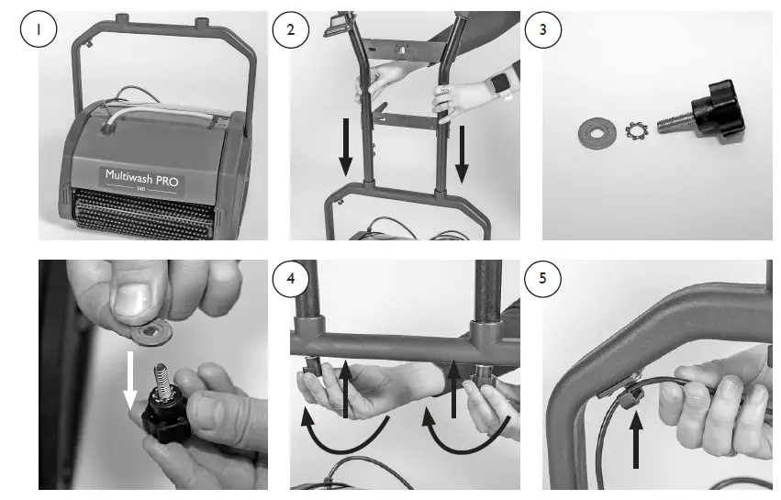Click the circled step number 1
(39, 29)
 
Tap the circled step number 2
(290, 29)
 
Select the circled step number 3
(543, 29)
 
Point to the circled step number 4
(290, 278)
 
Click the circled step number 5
(543, 278)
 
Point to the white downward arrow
(130, 381)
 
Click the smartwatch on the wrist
(499, 83)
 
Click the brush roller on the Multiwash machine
(144, 213)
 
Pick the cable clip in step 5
(628, 396)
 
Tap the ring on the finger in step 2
(445, 90)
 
